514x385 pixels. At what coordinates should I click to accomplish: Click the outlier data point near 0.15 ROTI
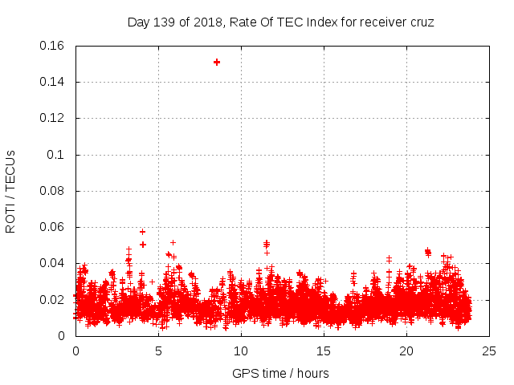[x=217, y=62]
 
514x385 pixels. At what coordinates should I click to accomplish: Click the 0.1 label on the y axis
[x=58, y=155]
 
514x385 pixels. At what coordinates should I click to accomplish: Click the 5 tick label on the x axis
[x=158, y=351]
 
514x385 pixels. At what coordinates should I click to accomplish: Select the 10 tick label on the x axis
[x=241, y=351]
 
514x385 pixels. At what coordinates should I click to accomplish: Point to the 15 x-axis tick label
[x=324, y=351]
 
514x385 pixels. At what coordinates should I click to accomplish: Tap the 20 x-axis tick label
[x=406, y=351]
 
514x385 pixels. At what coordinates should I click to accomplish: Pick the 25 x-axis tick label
[x=489, y=351]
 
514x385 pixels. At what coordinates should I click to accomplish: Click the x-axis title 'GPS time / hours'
[x=280, y=373]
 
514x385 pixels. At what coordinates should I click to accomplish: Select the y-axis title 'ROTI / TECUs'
[x=10, y=191]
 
